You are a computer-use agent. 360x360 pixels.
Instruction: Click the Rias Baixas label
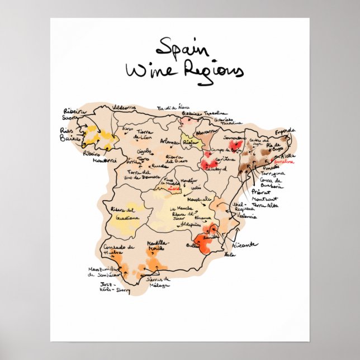tap(70, 134)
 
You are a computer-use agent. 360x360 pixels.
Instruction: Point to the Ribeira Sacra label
tap(74, 114)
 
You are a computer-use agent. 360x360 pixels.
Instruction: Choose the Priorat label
tap(269, 190)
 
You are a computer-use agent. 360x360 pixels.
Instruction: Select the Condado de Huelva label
tap(118, 249)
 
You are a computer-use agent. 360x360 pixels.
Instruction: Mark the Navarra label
tap(206, 131)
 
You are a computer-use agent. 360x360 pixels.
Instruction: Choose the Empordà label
tap(284, 131)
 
